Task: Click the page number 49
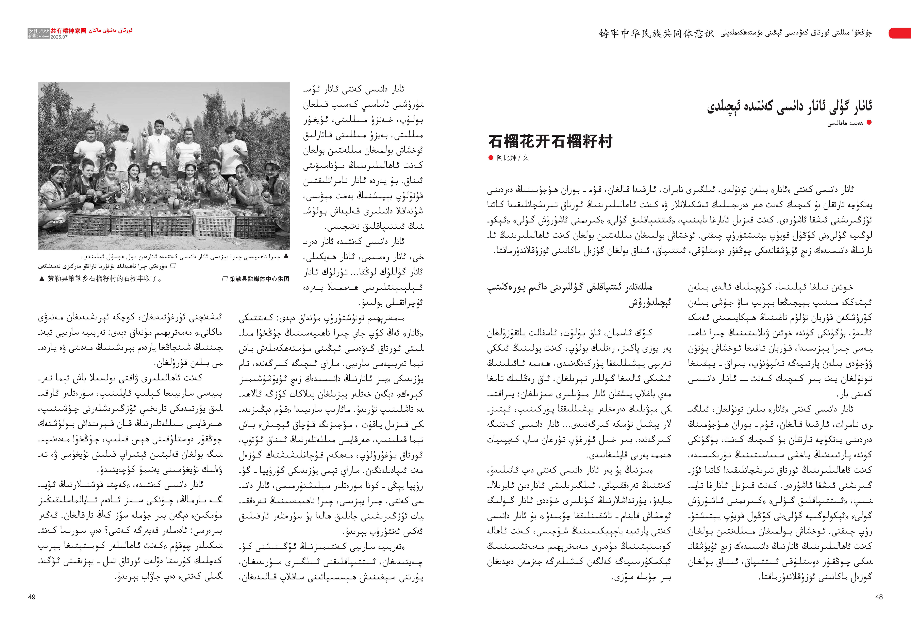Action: tap(32, 597)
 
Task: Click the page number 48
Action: tap(879, 597)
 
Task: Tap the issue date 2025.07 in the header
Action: tap(59, 37)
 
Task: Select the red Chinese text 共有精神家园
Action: tap(68, 31)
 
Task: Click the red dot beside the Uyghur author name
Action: tap(869, 122)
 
